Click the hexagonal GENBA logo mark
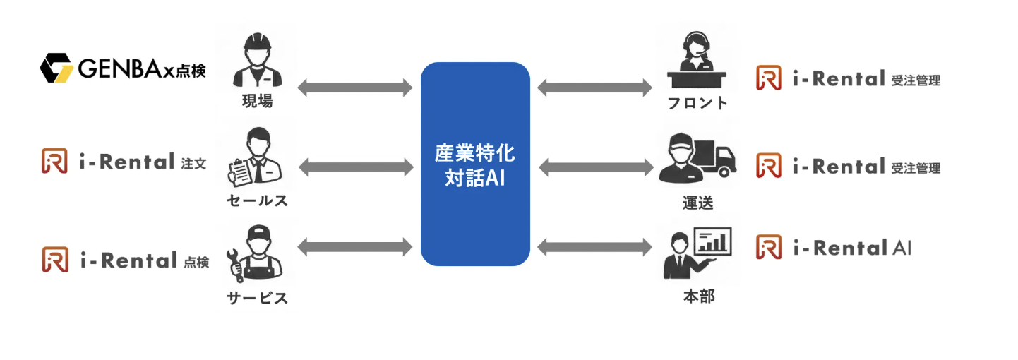56,68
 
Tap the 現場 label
256,101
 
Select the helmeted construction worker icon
257,61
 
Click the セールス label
257,200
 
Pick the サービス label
257,298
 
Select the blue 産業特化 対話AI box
475,164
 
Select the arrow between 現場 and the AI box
355,88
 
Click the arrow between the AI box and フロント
595,88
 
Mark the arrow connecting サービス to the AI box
355,247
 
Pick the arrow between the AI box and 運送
595,167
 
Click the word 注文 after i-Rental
193,164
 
